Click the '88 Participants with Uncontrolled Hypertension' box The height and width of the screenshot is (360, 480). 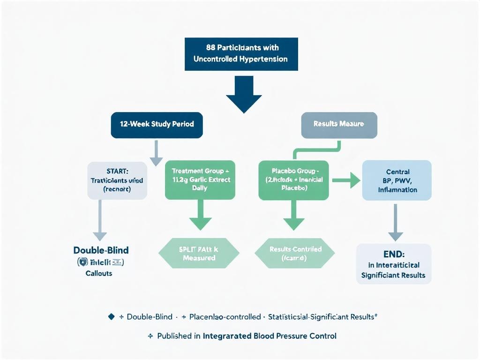point(241,54)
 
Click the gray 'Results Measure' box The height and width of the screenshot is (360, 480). point(338,124)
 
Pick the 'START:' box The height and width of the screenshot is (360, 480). point(117,180)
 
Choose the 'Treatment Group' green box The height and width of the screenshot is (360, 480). point(200,180)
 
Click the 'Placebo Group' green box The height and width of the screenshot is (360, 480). point(294,180)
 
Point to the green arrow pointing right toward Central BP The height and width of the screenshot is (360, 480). point(346,180)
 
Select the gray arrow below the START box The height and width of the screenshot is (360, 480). point(100,220)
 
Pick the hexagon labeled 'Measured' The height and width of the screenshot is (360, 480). point(199,253)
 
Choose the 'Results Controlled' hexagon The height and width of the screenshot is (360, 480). point(294,253)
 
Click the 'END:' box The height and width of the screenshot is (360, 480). point(394,263)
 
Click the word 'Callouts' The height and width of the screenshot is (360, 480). point(99,273)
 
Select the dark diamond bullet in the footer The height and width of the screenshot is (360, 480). point(111,317)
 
